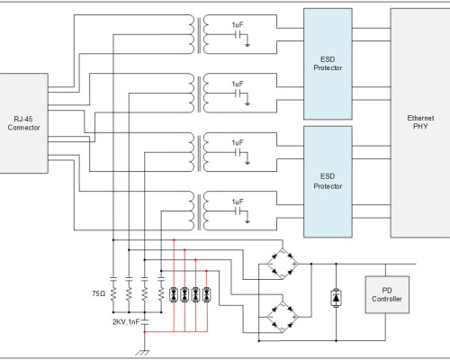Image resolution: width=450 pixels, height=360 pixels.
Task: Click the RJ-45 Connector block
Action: pyautogui.click(x=23, y=123)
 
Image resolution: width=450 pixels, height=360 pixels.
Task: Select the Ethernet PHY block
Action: pyautogui.click(x=420, y=122)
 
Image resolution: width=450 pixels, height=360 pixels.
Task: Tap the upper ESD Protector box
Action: pyautogui.click(x=328, y=64)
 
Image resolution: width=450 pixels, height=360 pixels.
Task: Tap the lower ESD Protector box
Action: pyautogui.click(x=328, y=182)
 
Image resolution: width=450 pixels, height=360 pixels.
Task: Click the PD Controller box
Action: pyautogui.click(x=387, y=294)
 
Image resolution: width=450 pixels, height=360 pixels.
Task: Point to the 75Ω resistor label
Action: pyautogui.click(x=99, y=293)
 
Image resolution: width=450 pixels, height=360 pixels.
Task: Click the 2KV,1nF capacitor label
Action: pyautogui.click(x=126, y=322)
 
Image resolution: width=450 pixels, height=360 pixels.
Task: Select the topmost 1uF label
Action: pyautogui.click(x=238, y=25)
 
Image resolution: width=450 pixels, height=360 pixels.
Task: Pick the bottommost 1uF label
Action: pyautogui.click(x=238, y=202)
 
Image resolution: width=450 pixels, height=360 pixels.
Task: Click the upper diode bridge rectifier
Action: pyautogui.click(x=283, y=264)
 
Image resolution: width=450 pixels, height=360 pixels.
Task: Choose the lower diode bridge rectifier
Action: pyautogui.click(x=283, y=317)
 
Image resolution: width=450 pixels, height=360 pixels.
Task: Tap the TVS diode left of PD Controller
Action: pyautogui.click(x=336, y=298)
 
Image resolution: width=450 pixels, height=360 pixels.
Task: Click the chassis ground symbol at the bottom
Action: pyautogui.click(x=143, y=353)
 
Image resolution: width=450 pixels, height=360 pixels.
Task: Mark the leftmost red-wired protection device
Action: pyautogui.click(x=174, y=294)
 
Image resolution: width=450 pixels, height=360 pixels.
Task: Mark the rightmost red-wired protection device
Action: pyautogui.click(x=207, y=294)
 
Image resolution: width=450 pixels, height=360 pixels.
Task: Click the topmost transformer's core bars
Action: pyautogui.click(x=199, y=35)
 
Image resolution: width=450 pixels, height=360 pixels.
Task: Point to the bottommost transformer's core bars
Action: pyautogui.click(x=199, y=211)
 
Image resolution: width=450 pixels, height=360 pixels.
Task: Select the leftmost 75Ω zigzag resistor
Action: pyautogui.click(x=113, y=293)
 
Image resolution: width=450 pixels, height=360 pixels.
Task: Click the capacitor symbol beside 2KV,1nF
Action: pyautogui.click(x=145, y=322)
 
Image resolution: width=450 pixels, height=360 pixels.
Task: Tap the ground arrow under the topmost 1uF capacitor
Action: pyautogui.click(x=247, y=45)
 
